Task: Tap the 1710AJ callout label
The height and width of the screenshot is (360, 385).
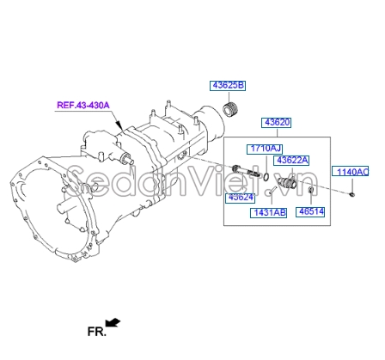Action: (x=265, y=148)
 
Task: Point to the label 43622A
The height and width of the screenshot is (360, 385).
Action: (x=291, y=160)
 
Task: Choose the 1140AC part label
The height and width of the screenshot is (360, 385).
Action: (x=351, y=173)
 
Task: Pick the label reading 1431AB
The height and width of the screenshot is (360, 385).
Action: (x=269, y=212)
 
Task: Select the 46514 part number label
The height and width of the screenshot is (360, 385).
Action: (x=310, y=211)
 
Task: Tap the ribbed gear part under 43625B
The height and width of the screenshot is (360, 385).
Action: (x=229, y=110)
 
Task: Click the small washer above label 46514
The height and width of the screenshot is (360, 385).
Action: (x=310, y=191)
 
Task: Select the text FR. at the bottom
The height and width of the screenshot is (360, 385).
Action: (x=95, y=329)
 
